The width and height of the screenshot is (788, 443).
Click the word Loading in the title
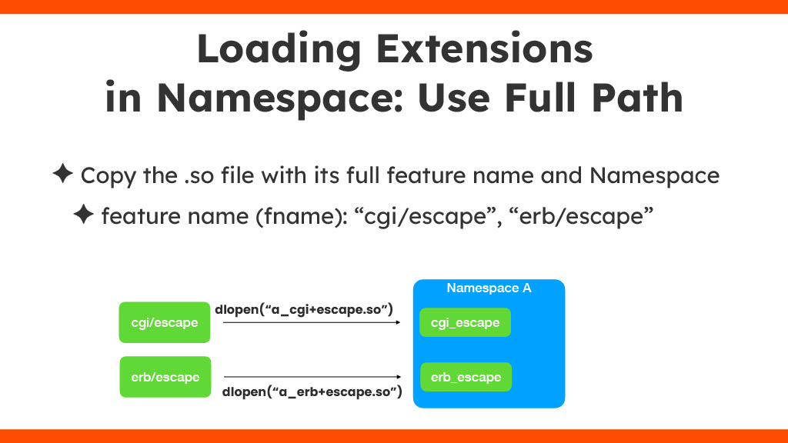pos(279,49)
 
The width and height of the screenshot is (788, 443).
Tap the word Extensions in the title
pos(485,48)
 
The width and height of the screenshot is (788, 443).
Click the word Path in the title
pos(637,97)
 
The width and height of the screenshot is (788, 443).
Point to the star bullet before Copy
pos(63,173)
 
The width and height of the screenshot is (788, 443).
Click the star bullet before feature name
pos(83,214)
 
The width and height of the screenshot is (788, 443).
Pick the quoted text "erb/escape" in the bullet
pos(581,216)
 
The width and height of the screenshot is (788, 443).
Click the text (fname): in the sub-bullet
pos(302,216)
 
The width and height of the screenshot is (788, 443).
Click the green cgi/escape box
pos(165,322)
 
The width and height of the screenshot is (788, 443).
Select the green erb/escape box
pos(165,377)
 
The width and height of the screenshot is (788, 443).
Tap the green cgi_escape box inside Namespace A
pos(466,322)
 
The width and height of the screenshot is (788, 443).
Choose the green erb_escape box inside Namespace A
pos(466,377)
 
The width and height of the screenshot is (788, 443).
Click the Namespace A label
pos(489,288)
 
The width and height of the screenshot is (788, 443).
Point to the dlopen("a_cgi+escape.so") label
pos(304,309)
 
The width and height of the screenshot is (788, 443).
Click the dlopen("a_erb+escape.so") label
pos(312,391)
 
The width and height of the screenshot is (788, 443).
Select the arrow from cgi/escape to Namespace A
pos(312,322)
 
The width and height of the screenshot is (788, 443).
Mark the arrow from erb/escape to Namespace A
pos(312,377)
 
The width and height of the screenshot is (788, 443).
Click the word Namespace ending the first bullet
pos(654,176)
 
